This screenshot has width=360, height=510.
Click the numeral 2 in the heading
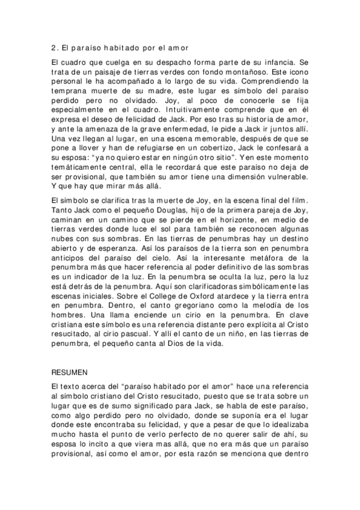[x=54, y=45]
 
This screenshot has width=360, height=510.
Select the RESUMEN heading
[x=70, y=372]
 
